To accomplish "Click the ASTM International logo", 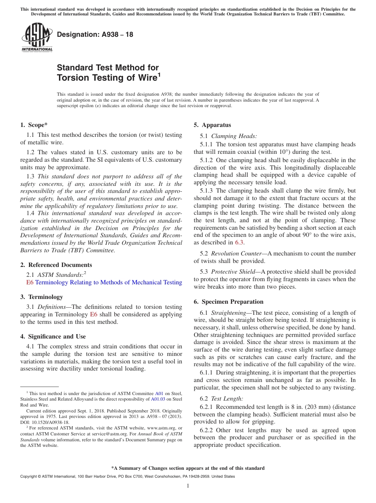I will tap(37, 38).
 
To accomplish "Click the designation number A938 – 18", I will tap(95, 35).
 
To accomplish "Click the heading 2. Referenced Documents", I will tap(56, 265).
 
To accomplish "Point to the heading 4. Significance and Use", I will tap(53, 337).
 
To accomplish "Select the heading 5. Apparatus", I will tap(212, 125).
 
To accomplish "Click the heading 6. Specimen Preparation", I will tap(228, 302).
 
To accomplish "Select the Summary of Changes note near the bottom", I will tap(188, 468).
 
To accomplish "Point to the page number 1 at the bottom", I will tap(188, 486).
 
